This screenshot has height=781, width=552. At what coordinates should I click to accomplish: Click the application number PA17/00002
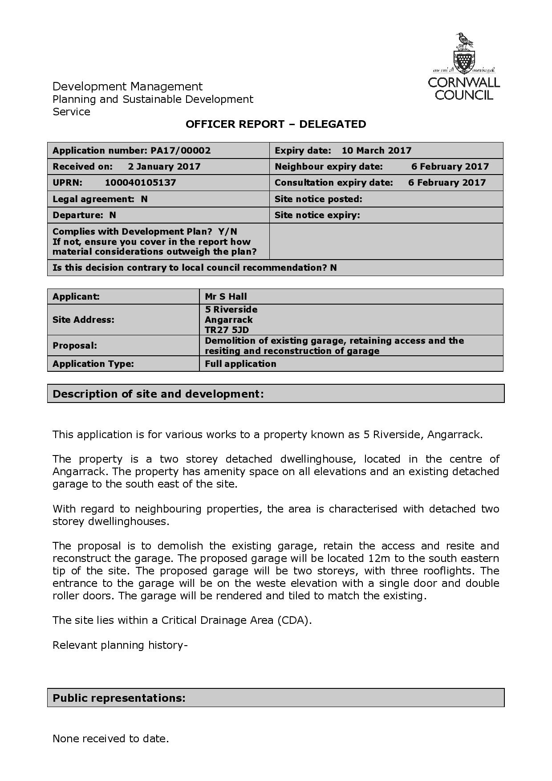pos(180,151)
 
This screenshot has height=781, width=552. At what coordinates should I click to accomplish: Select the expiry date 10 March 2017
pos(376,151)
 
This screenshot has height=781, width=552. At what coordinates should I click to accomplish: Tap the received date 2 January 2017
pos(164,167)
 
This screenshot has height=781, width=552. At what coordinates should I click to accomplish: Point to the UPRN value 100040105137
pos(140,183)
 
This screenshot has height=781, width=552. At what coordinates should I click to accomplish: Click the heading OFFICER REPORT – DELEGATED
pos(276,124)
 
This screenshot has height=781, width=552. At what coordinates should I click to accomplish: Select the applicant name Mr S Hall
pos(226,297)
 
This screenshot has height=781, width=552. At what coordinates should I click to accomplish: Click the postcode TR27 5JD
pos(227,330)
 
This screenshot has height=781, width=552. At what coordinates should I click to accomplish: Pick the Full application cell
pos(240,364)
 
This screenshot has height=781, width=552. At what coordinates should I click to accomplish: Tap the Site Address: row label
pos(83,320)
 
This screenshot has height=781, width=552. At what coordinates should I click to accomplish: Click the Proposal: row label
pos(75,346)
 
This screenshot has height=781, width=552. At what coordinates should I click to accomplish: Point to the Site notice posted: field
pos(318,199)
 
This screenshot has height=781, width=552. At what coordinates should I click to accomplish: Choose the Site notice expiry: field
pos(317,215)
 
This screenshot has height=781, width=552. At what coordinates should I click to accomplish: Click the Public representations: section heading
pos(119,698)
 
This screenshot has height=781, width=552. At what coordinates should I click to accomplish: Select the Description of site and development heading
pos(158,394)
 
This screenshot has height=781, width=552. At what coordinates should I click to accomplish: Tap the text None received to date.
pos(110,739)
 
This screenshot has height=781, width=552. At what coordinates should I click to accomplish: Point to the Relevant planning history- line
pos(120,645)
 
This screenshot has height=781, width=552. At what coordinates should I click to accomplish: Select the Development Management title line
pos(127,86)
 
